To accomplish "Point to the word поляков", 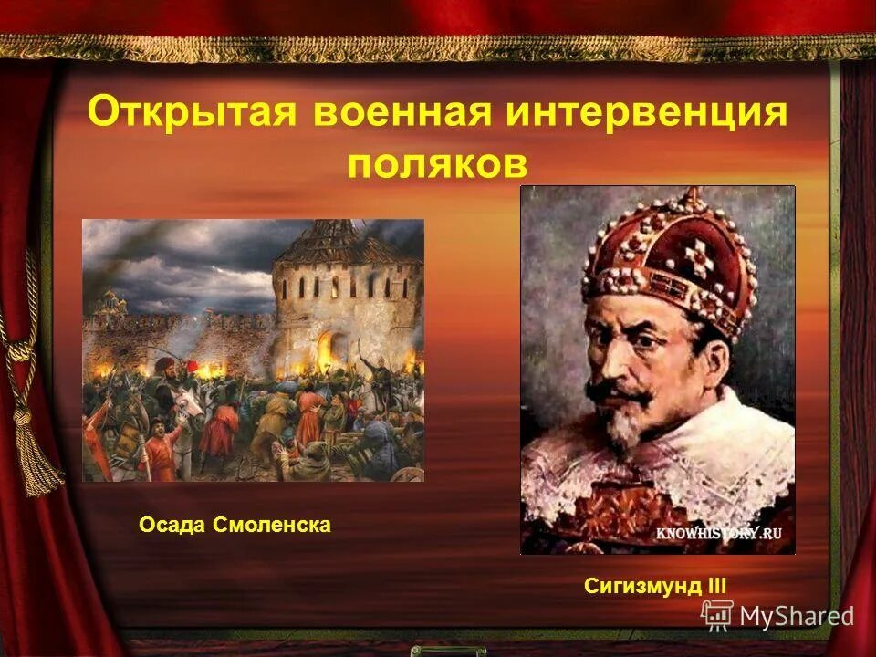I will click(437, 163).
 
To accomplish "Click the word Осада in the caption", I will click(172, 526).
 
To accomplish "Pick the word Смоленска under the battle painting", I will click(271, 526).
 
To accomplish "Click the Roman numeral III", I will click(717, 586).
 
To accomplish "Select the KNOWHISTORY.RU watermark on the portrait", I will click(720, 535).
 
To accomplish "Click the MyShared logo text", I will click(796, 617).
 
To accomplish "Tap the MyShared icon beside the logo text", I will click(717, 615).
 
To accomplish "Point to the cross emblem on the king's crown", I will click(698, 260).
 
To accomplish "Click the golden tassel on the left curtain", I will click(36, 456).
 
